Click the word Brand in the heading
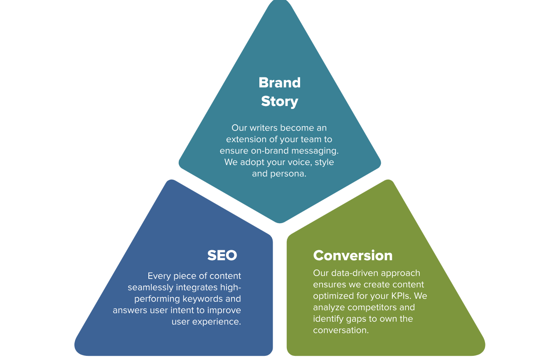(x=279, y=82)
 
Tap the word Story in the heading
(x=279, y=101)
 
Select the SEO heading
(x=222, y=255)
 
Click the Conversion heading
(x=352, y=255)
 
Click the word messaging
(x=315, y=151)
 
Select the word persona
(x=288, y=174)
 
